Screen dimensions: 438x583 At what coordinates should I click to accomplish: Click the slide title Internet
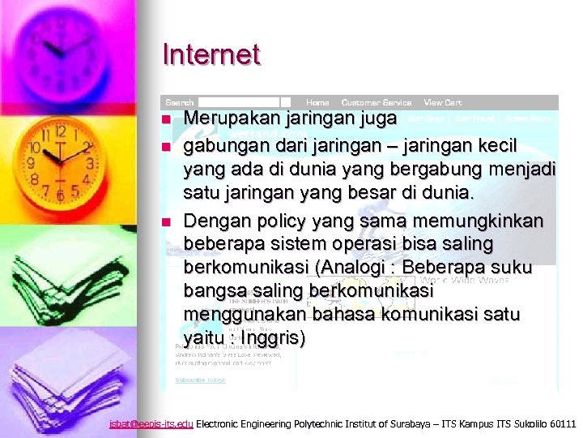point(211,55)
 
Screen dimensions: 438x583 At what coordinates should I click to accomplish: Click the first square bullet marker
point(167,120)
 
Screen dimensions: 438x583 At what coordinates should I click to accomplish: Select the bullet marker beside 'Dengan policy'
point(167,222)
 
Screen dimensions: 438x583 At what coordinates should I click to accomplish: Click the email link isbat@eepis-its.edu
point(151,424)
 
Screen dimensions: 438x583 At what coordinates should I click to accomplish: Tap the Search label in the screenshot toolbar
point(180,103)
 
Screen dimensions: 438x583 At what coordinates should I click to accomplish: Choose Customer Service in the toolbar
point(377,103)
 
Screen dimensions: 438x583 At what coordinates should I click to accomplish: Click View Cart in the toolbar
point(443,103)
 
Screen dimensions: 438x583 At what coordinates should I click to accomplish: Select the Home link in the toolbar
point(317,103)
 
